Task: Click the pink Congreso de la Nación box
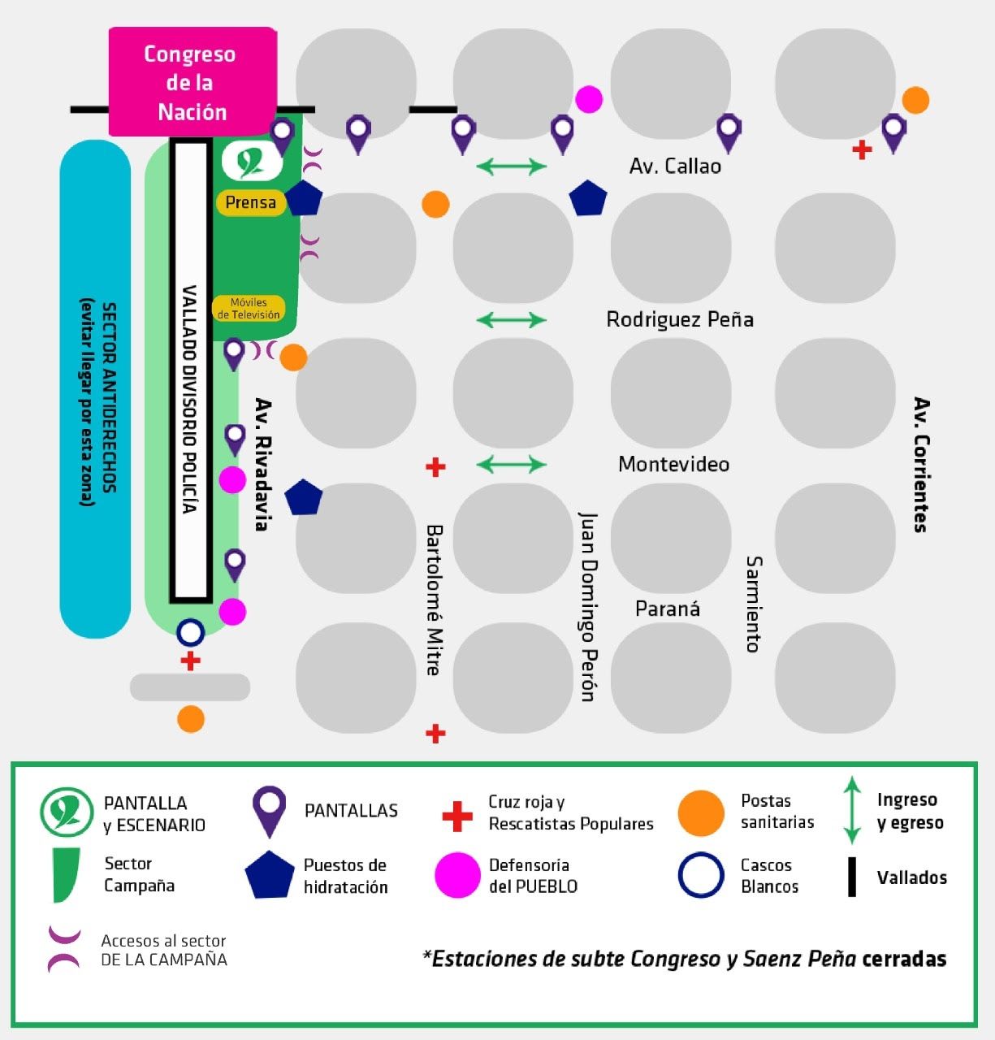click(193, 81)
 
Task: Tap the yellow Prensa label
click(250, 202)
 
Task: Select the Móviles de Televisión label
click(249, 309)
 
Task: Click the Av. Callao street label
click(675, 166)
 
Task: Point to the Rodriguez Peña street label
click(680, 319)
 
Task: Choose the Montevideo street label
click(673, 464)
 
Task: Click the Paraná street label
click(667, 609)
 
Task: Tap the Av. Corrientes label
click(920, 464)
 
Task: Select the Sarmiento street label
click(754, 604)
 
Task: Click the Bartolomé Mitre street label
click(435, 600)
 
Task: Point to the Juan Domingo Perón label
click(587, 605)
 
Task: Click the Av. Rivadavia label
click(262, 464)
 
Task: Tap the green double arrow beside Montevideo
click(512, 464)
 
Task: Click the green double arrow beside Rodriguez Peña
click(512, 319)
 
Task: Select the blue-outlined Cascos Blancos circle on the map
click(190, 632)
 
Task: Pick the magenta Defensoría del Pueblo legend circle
click(457, 875)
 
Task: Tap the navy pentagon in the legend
click(269, 875)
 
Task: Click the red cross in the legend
click(456, 816)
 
